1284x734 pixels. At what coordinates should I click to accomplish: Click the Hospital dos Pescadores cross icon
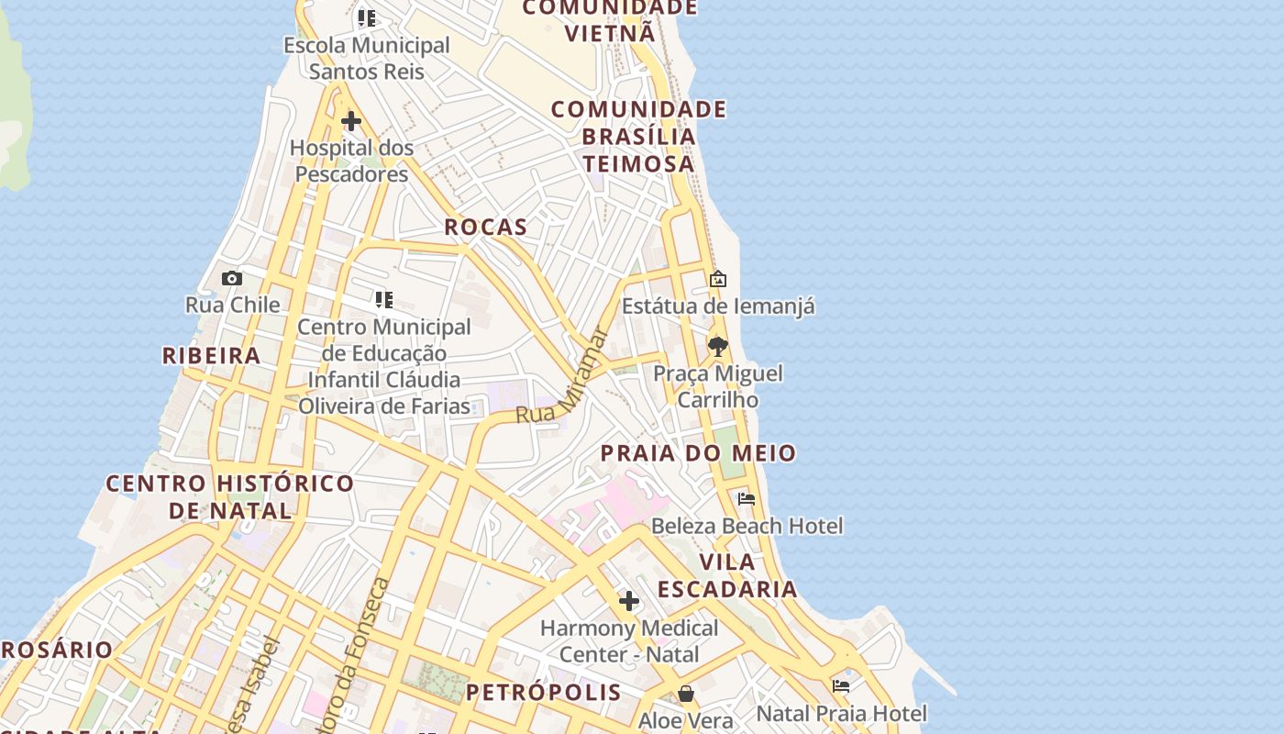pos(350,121)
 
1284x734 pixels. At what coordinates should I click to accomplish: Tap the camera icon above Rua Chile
pos(232,278)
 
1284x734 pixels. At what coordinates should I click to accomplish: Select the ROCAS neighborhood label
pos(486,228)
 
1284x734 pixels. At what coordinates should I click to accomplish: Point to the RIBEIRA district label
pos(212,355)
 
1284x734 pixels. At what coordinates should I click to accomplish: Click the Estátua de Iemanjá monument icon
pos(718,279)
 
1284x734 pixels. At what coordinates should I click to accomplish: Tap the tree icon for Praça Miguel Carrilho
pos(717,347)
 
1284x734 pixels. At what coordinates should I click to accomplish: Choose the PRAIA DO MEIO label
pos(698,453)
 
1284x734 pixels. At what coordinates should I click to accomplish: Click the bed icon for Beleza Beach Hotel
pos(747,499)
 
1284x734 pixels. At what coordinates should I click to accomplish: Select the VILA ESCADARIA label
pos(727,575)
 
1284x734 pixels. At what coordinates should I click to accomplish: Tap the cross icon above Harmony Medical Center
pos(629,601)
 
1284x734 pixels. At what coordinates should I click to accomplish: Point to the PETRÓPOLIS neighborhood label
pos(544,692)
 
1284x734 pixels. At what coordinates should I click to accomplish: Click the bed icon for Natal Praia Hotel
pos(841,686)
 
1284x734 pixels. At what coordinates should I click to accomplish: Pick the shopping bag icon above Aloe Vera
pos(686,694)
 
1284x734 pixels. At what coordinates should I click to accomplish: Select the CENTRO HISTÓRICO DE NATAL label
pos(229,496)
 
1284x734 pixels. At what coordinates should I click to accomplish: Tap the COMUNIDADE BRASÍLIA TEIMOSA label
pos(639,137)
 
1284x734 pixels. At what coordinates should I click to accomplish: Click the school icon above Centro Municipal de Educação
pos(384,299)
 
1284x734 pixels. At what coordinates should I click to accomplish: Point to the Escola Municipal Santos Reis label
pos(367,58)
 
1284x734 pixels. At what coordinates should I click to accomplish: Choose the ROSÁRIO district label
pos(57,650)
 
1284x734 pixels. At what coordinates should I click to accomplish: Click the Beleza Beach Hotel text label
pos(747,526)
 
